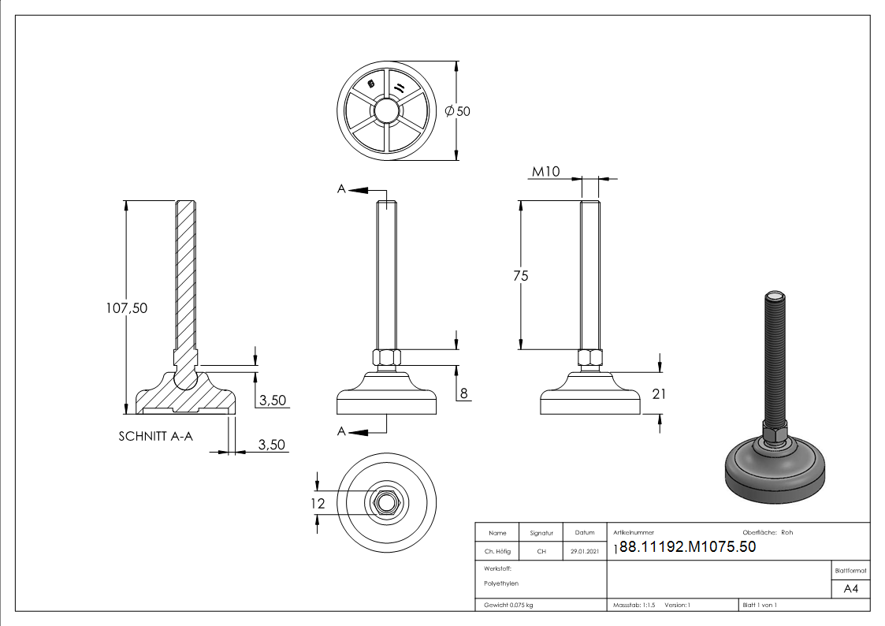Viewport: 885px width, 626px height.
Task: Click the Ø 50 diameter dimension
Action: (x=458, y=111)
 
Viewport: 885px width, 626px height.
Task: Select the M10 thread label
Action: (x=545, y=172)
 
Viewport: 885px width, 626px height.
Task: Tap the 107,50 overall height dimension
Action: (x=126, y=307)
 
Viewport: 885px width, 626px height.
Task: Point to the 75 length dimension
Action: (x=519, y=276)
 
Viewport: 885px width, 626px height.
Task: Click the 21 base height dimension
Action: (x=659, y=393)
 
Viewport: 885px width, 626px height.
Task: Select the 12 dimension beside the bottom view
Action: (x=318, y=502)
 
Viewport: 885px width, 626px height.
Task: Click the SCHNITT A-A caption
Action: (x=155, y=435)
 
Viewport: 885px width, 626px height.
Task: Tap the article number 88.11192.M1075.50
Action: (x=687, y=547)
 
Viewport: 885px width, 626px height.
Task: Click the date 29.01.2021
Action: (x=584, y=552)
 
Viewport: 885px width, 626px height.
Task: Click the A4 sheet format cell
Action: (x=850, y=588)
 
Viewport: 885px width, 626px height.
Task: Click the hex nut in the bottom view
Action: (x=386, y=501)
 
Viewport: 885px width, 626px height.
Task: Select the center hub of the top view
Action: (x=386, y=110)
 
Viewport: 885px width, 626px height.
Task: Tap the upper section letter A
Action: (x=341, y=189)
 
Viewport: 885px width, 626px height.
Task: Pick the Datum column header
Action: (x=584, y=533)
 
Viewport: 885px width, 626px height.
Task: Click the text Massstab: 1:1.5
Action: (x=634, y=605)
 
